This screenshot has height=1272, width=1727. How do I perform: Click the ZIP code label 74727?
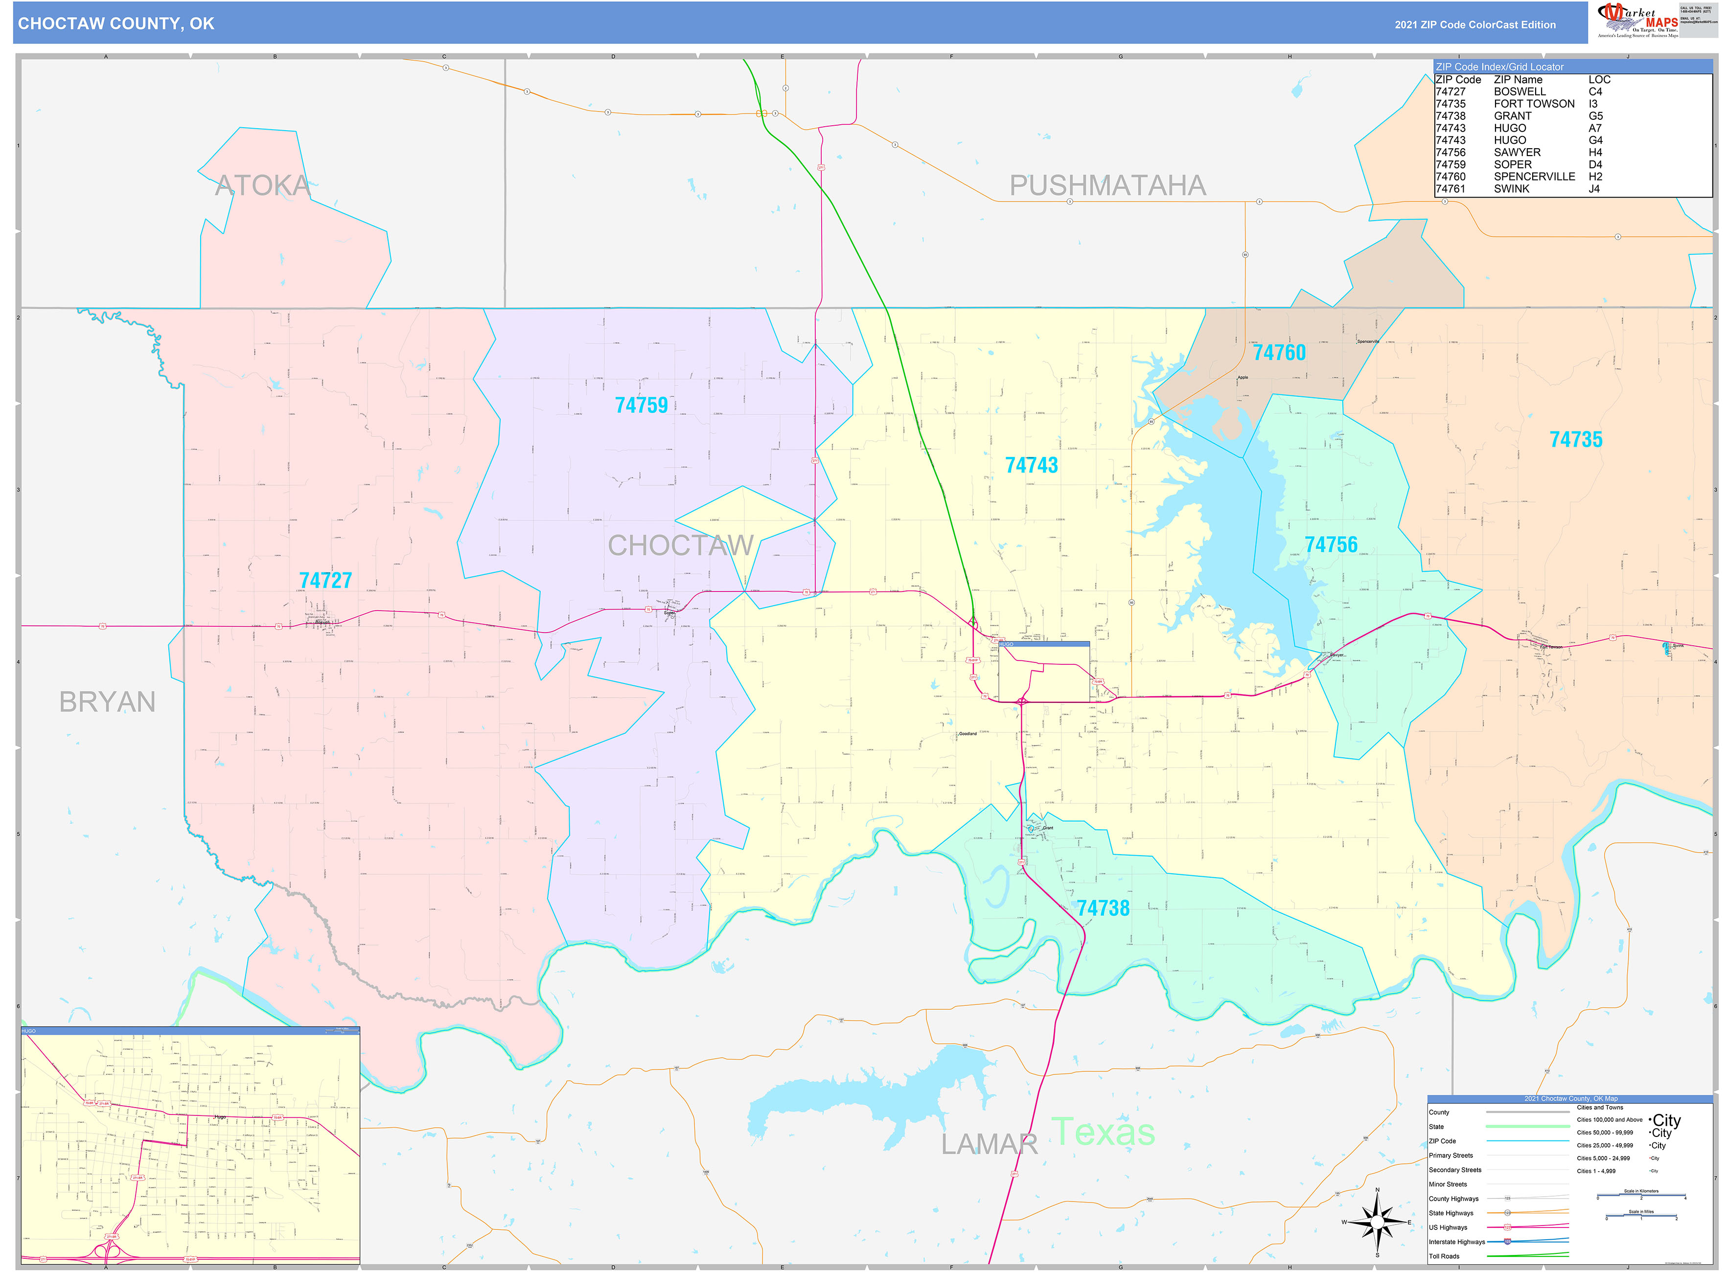pos(325,581)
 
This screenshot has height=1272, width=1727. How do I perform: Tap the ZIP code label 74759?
pos(641,405)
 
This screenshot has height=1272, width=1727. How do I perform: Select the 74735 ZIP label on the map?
pos(1575,440)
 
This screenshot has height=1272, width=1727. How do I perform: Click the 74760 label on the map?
pos(1279,353)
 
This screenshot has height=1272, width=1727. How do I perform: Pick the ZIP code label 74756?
pos(1330,545)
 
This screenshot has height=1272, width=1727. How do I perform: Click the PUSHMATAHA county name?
pos(1107,185)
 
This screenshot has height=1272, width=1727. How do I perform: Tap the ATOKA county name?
pos(262,185)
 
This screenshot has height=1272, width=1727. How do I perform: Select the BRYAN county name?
pos(107,702)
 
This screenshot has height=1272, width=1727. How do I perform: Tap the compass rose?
pos(1377,1222)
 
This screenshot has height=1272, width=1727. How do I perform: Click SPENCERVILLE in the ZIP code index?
pos(1534,176)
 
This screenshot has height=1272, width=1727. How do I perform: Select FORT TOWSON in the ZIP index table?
pos(1534,104)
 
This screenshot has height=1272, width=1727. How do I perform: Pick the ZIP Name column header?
pos(1518,79)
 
